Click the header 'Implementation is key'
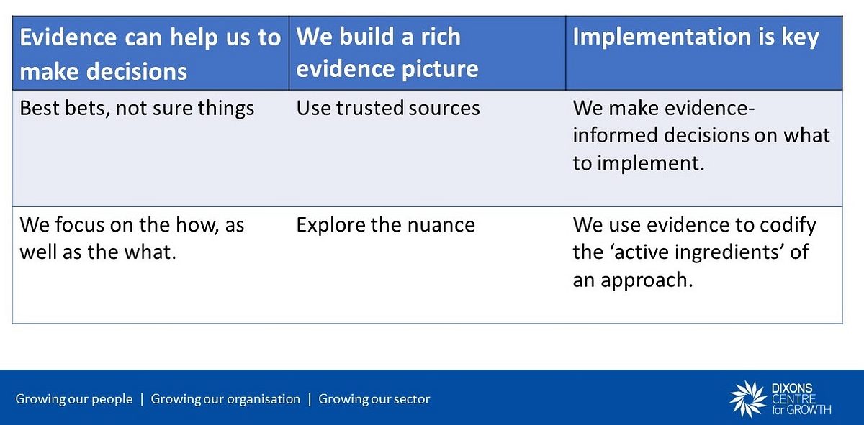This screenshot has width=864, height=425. click(x=696, y=37)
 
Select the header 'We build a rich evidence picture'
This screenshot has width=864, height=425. click(x=387, y=52)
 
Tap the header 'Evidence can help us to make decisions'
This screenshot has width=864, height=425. click(x=150, y=54)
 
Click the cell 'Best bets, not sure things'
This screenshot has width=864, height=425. click(x=137, y=108)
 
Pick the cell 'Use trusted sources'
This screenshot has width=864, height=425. click(x=388, y=108)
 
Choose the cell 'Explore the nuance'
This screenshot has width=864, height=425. click(x=386, y=225)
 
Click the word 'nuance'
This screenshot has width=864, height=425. click(x=441, y=226)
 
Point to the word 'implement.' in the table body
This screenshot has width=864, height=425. click(x=651, y=163)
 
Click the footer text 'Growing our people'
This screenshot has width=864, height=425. click(x=74, y=399)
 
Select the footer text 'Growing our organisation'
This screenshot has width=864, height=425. click(x=225, y=399)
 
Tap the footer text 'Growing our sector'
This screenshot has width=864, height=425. click(x=374, y=399)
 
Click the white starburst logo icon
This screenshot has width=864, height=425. click(x=748, y=399)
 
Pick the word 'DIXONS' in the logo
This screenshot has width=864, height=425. click(x=792, y=388)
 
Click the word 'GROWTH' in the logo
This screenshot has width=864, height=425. click(x=809, y=410)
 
